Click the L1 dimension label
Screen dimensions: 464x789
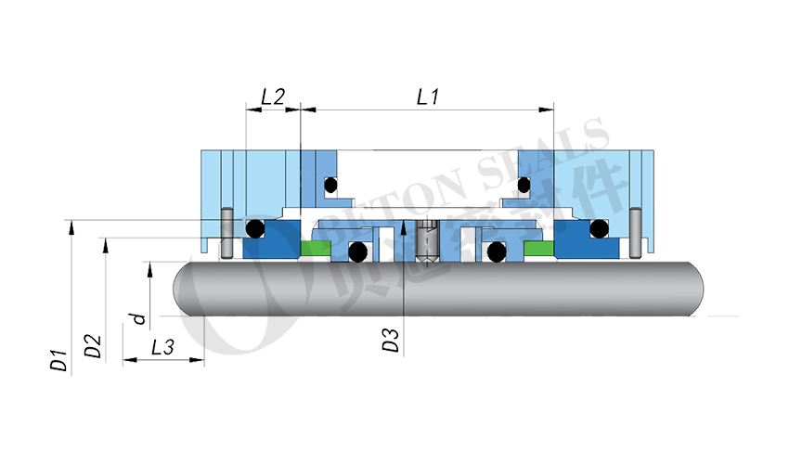pyautogui.click(x=428, y=96)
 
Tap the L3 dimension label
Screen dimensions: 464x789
pyautogui.click(x=162, y=347)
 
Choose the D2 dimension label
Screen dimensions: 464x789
pyautogui.click(x=93, y=346)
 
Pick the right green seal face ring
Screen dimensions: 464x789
pyautogui.click(x=537, y=249)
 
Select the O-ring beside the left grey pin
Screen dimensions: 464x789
pyautogui.click(x=253, y=228)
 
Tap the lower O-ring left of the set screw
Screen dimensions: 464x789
pyautogui.click(x=356, y=251)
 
